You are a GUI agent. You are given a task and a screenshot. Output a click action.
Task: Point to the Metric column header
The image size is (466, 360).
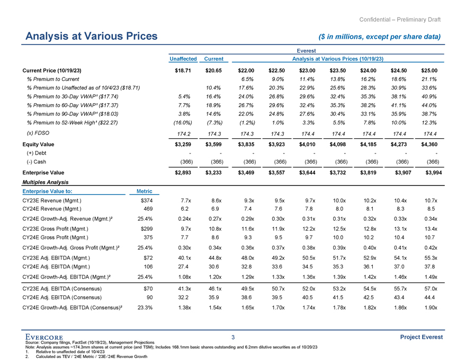(x=144, y=191)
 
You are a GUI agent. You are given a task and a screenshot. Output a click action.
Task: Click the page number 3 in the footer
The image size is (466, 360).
(x=233, y=337)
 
